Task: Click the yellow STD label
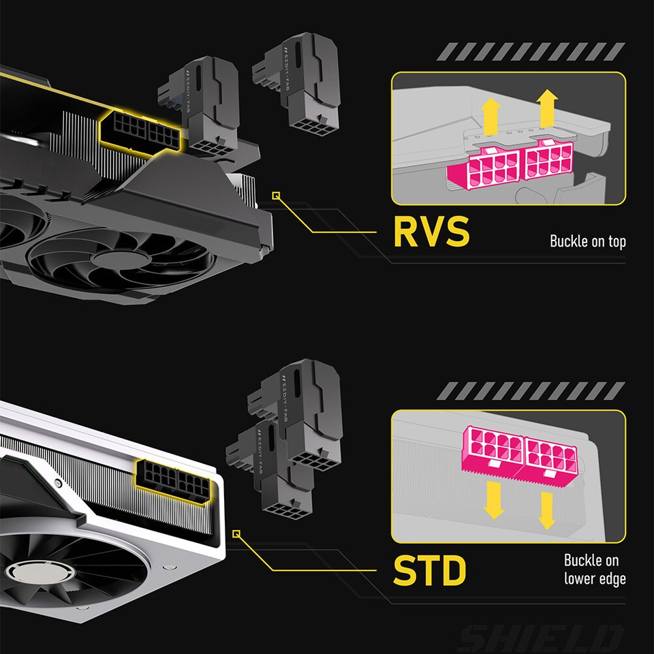point(430,571)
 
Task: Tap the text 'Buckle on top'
point(587,241)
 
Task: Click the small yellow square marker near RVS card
point(275,196)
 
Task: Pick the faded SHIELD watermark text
point(541,638)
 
